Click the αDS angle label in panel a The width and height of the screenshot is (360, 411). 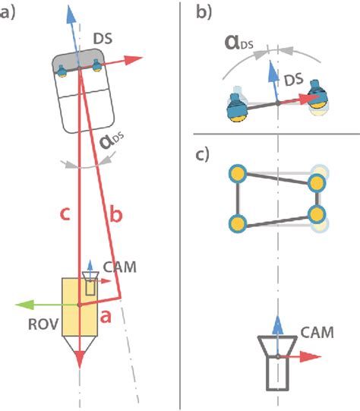pos(112,142)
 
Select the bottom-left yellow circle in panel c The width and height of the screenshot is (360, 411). pos(238,223)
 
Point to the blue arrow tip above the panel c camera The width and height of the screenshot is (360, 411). pos(279,318)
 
